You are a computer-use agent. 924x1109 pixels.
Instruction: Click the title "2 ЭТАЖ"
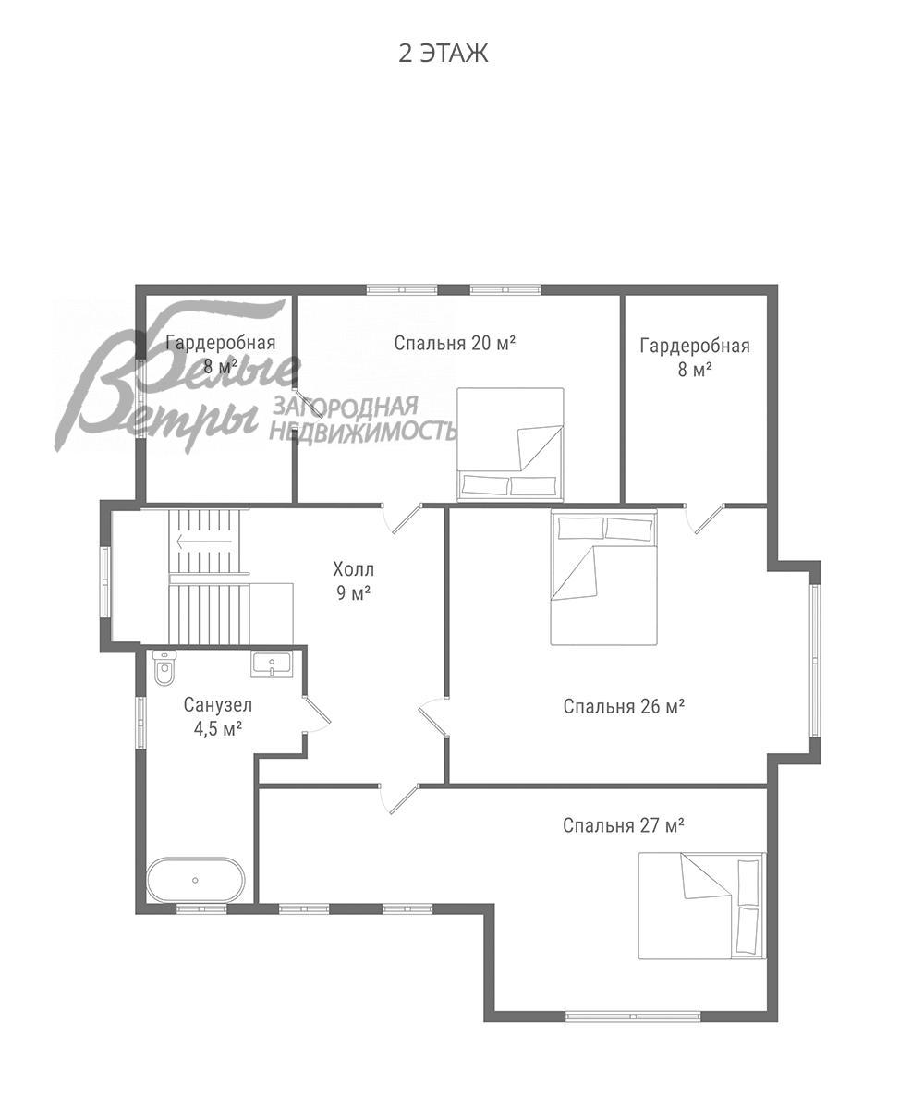(443, 54)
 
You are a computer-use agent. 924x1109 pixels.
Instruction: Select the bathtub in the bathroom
(196, 880)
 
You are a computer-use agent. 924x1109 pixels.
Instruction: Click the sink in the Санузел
(270, 663)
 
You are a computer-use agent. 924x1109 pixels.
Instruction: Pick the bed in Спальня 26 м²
(604, 577)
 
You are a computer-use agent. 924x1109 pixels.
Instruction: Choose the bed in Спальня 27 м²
(701, 906)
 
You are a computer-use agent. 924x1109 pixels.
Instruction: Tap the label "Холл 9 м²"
(354, 580)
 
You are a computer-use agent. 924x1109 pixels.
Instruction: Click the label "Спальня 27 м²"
(624, 825)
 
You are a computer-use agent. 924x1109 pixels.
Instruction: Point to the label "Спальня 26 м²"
(624, 706)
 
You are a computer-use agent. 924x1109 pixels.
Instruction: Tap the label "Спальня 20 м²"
(455, 343)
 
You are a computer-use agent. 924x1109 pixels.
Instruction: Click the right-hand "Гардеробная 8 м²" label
(695, 358)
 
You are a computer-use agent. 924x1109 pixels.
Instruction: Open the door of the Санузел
(318, 713)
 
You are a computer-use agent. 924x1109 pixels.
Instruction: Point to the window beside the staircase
(105, 581)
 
